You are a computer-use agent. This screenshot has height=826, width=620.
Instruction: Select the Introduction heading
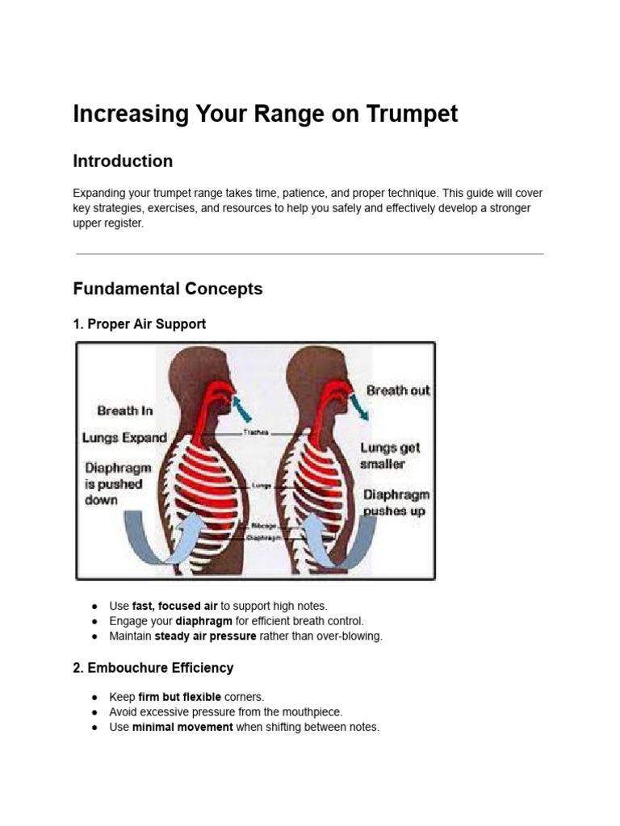pos(123,161)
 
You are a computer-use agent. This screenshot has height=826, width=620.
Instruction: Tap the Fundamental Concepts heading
pos(167,289)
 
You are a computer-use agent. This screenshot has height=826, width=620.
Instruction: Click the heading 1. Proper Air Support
pos(139,324)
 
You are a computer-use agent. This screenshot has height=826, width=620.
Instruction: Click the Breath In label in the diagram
pos(124,411)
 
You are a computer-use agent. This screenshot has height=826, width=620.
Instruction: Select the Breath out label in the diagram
pos(398,390)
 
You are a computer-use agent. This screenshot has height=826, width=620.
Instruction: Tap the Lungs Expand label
pos(124,438)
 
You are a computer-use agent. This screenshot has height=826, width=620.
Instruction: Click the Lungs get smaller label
pos(390,456)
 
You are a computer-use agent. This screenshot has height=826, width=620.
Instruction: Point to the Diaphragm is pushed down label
pos(116,484)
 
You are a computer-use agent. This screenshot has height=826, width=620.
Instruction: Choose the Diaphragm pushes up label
pos(396,503)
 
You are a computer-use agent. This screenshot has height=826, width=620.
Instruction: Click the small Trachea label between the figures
pos(256,432)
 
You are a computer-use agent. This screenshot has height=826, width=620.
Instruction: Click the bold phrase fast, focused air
pos(174,606)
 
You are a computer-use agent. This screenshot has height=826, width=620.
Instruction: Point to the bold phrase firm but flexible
pos(179,697)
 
